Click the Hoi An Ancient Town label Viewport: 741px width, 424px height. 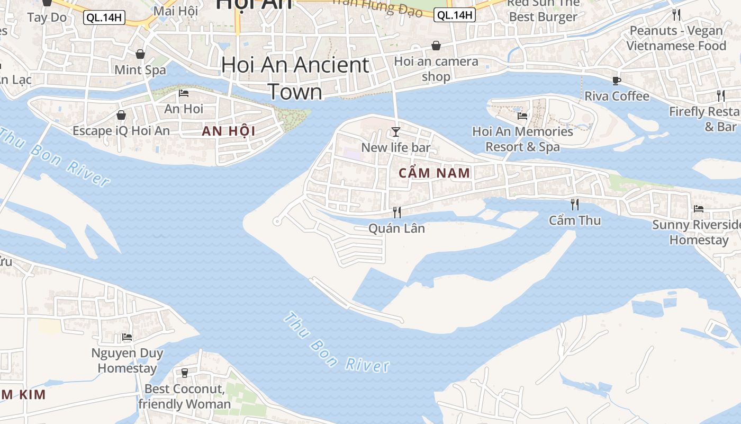[x=295, y=78]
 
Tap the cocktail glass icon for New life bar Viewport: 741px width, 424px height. [x=395, y=131]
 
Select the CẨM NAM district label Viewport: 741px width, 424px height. [x=434, y=173]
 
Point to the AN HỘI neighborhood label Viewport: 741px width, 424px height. [x=229, y=131]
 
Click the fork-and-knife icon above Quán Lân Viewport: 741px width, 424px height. [x=396, y=212]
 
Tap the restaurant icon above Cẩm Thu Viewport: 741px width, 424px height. [x=574, y=204]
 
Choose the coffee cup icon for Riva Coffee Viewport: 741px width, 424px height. [x=616, y=81]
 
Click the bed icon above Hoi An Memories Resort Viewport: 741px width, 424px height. [x=522, y=116]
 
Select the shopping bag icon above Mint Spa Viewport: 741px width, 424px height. [x=140, y=54]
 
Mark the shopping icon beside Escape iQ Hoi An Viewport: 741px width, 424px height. [x=121, y=115]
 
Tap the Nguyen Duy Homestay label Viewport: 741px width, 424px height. [x=127, y=360]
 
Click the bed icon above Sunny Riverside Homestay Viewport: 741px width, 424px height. [x=699, y=209]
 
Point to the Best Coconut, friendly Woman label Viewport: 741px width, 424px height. [x=185, y=396]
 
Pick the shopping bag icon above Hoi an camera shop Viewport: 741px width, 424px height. [x=436, y=46]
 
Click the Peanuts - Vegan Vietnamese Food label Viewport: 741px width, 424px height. [x=676, y=38]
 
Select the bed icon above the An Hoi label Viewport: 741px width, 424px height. [x=184, y=93]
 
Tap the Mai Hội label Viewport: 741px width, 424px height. [x=175, y=11]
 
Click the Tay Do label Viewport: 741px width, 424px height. [x=47, y=17]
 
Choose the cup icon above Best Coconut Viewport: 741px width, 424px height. [x=185, y=373]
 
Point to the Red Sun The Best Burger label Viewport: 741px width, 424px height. [x=543, y=10]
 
